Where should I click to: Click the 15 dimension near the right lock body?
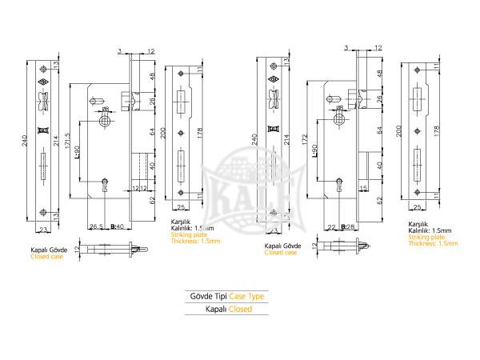pyautogui.click(x=364, y=189)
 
